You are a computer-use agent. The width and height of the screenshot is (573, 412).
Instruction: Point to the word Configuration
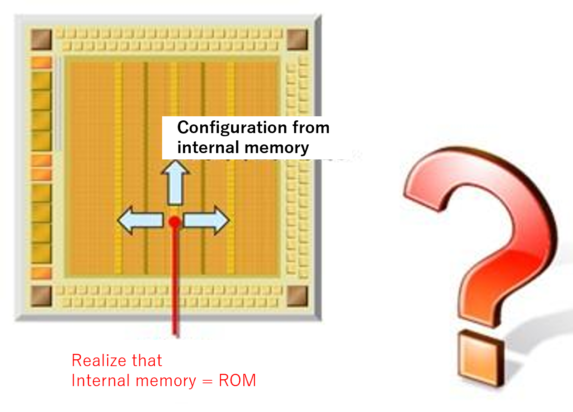point(227,128)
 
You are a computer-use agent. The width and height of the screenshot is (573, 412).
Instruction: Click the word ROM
point(237,380)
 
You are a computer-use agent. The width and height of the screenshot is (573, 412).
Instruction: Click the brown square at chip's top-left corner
point(41,39)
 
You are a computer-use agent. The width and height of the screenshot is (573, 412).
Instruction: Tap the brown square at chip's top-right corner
point(298,39)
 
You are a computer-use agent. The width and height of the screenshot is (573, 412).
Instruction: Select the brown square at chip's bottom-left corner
point(41,296)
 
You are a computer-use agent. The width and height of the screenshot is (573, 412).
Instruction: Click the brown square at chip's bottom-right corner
point(298,296)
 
